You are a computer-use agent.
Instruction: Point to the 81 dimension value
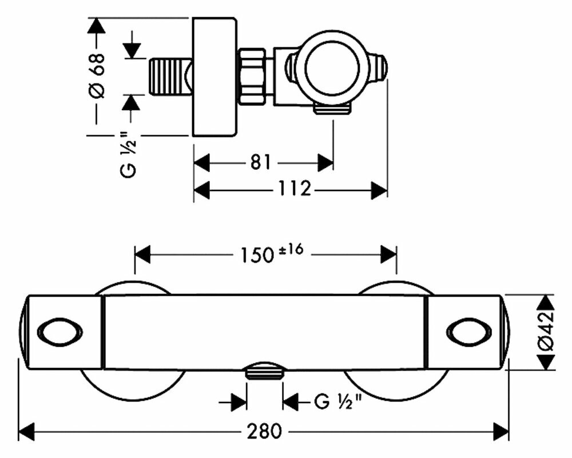point(260,162)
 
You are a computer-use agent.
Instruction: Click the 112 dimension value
point(295,189)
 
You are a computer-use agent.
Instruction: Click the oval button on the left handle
point(59,332)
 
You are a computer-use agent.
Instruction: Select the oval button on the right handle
point(469,332)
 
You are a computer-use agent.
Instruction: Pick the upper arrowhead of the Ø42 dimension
point(547,302)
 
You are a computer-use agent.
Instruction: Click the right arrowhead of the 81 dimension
point(325,162)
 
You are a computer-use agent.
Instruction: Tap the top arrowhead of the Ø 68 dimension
point(97,26)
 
